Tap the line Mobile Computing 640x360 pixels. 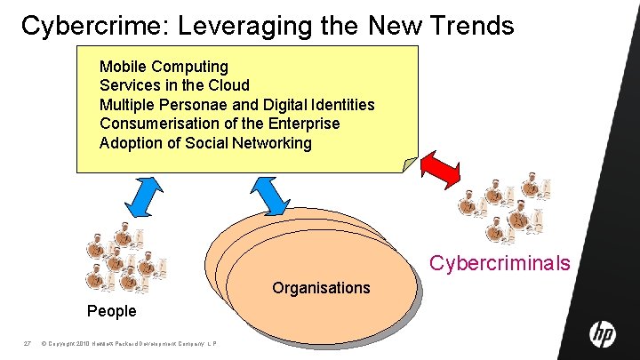point(164,67)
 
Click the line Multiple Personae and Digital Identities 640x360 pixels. point(236,105)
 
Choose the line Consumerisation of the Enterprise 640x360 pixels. point(219,124)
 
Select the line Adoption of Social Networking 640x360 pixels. point(205,143)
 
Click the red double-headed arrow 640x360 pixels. point(449,166)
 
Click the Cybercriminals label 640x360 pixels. point(500,263)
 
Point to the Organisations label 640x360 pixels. point(321,288)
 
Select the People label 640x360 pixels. point(112,311)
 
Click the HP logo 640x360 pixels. point(602,334)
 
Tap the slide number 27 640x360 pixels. point(28,344)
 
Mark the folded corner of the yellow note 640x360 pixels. point(409,164)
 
